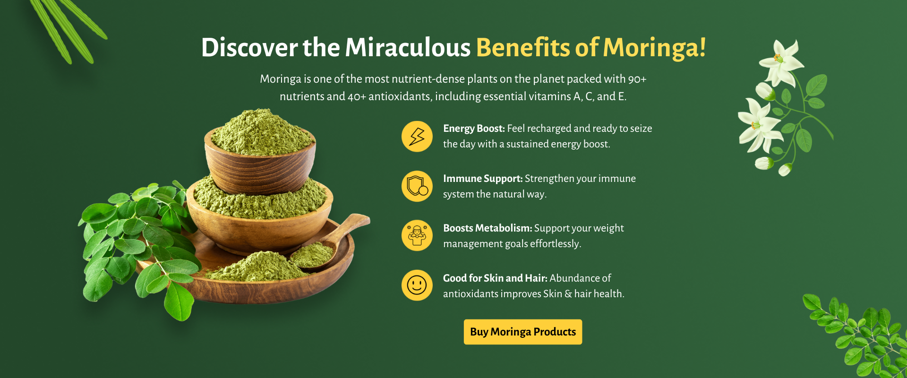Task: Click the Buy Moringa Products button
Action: [x=523, y=332]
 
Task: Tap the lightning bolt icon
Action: [x=417, y=137]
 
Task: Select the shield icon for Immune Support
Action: [x=417, y=186]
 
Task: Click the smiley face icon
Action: [x=417, y=285]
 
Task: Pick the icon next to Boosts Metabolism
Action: [x=417, y=235]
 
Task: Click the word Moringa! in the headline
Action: [x=654, y=48]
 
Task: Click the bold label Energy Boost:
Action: [x=474, y=129]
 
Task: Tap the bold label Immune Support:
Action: [x=483, y=179]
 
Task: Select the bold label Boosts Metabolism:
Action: [x=488, y=228]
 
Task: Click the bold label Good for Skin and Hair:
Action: [x=495, y=278]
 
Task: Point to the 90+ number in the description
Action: [x=637, y=79]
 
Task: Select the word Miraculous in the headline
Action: [x=408, y=48]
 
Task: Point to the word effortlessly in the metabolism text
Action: [x=556, y=244]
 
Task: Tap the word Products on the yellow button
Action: [x=555, y=332]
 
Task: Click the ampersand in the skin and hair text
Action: [x=568, y=294]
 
